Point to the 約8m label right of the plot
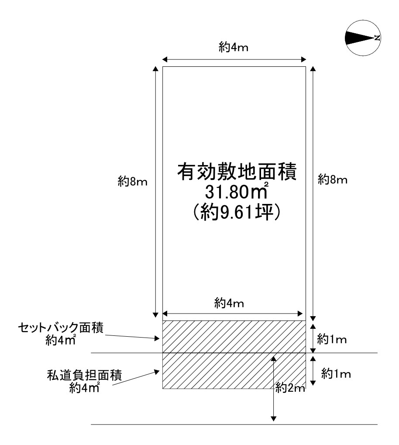[x=333, y=179]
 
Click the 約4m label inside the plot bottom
[x=230, y=303]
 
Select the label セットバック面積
[x=61, y=328]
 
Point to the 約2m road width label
[x=290, y=387]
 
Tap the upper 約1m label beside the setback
[x=332, y=338]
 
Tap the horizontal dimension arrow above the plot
[x=234, y=59]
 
